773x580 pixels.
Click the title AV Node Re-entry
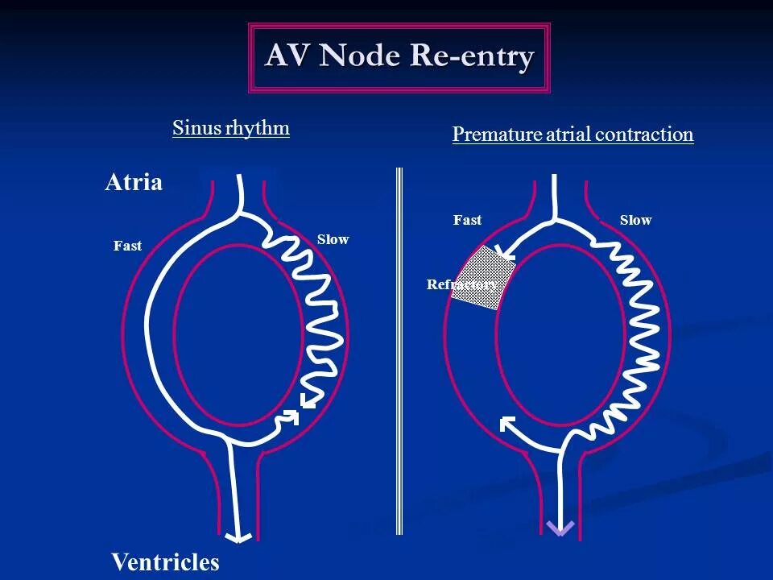point(399,57)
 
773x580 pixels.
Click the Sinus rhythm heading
point(230,128)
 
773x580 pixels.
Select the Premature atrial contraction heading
point(573,134)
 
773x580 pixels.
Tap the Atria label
point(134,183)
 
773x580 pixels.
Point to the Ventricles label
point(165,561)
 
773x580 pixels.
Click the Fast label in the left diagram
point(127,246)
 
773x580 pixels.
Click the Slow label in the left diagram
point(333,239)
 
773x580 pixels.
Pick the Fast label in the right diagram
point(467,220)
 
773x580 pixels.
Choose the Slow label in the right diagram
point(635,220)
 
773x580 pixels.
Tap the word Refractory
point(461,284)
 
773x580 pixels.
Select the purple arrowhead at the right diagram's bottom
point(560,528)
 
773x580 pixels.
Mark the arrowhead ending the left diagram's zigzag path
point(306,400)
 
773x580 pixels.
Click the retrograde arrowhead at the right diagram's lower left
point(507,423)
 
